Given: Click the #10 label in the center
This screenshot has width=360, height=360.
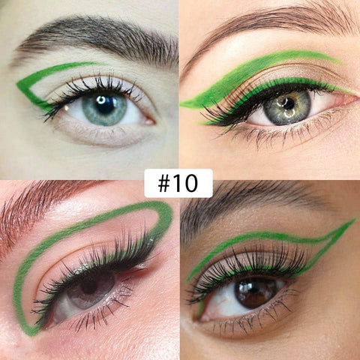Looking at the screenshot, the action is [x=178, y=183].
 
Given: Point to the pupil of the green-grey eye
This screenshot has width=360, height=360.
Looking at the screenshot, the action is [x=288, y=104].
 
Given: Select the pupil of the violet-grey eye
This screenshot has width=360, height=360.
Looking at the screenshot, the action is [x=89, y=286].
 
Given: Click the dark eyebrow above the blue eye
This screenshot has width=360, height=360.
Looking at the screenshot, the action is [x=97, y=40].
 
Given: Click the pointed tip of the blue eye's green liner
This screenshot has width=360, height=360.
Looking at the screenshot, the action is [x=17, y=85].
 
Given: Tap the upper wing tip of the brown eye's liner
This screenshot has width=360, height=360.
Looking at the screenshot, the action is [x=356, y=218].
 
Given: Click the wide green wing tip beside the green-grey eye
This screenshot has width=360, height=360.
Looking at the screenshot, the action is [x=181, y=105].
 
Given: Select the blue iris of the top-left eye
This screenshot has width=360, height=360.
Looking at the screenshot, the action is [x=104, y=108].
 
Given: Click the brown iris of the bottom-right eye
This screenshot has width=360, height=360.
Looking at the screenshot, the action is [x=254, y=292].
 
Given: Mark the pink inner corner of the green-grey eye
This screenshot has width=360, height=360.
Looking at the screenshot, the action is [x=347, y=100].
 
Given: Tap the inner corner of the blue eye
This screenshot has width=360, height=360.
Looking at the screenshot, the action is [x=149, y=121].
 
